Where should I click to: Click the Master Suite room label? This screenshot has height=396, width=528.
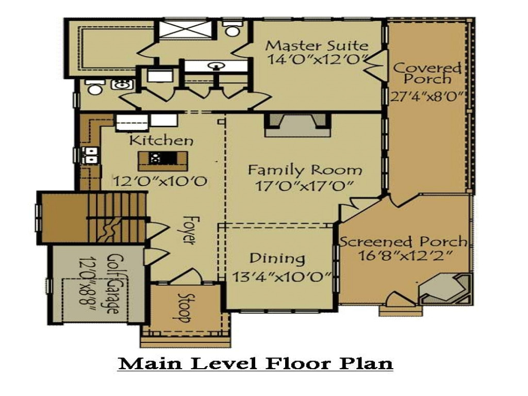[317, 45]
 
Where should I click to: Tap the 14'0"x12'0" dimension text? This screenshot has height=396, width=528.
[317, 59]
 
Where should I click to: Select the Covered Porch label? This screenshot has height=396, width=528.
[427, 73]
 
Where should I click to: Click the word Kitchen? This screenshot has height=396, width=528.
[161, 140]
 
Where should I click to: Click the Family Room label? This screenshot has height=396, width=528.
[305, 170]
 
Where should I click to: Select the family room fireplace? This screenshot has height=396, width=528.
[298, 125]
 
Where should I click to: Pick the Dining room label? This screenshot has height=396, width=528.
[277, 259]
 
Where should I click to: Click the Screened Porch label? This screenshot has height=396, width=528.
[404, 242]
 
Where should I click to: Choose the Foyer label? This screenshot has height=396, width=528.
[189, 230]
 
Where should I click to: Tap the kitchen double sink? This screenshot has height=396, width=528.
[90, 155]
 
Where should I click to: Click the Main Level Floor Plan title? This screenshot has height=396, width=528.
[255, 364]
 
